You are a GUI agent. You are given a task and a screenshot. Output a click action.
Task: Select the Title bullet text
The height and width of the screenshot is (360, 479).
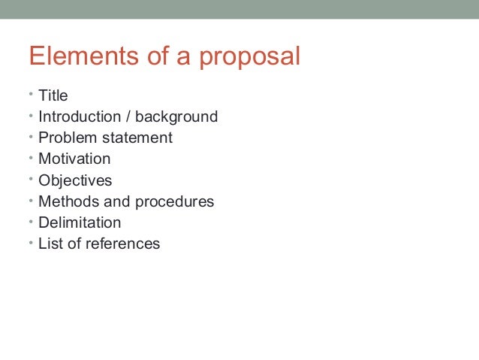tap(53, 95)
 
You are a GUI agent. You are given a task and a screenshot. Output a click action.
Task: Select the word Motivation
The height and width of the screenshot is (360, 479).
tap(74, 159)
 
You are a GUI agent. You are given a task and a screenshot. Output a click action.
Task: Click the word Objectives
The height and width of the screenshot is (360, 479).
tap(75, 180)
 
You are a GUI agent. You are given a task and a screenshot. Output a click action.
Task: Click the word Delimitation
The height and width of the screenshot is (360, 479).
tap(80, 222)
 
